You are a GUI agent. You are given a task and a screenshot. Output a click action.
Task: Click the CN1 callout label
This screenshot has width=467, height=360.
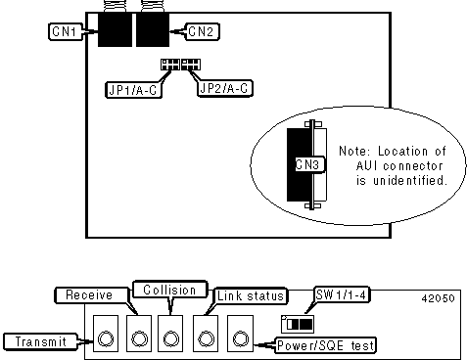coord(66,31)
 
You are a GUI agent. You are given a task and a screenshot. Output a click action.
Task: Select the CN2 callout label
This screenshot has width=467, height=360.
coord(202,31)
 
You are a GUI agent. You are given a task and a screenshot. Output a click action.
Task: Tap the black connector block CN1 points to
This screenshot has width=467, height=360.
coord(115,29)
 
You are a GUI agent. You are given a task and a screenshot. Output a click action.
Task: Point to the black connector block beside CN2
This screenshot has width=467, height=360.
coord(153,29)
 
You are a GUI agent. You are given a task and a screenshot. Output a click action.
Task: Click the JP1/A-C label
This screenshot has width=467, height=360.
coord(133,90)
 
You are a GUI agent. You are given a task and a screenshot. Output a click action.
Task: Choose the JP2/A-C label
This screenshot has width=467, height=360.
coord(225,88)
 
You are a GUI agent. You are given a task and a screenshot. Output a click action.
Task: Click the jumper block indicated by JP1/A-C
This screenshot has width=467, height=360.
coord(170,65)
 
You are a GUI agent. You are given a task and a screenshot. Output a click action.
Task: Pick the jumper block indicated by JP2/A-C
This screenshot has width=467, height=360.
coord(191,65)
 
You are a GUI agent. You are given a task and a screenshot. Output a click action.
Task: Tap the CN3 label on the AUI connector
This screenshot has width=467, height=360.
coord(307,164)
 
